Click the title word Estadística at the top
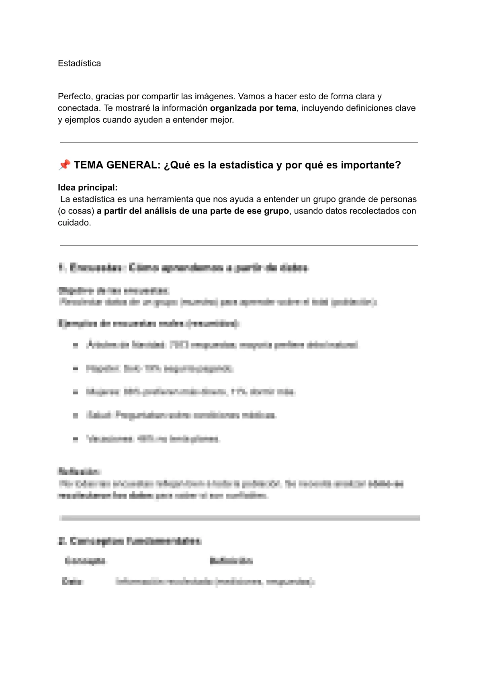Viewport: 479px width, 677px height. (x=79, y=64)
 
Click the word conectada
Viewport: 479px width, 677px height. (x=79, y=108)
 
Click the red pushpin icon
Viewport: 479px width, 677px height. (x=64, y=165)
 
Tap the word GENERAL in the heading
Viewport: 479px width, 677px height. (x=133, y=165)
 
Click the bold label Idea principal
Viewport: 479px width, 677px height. (x=88, y=188)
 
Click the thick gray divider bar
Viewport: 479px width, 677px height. (x=239, y=518)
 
